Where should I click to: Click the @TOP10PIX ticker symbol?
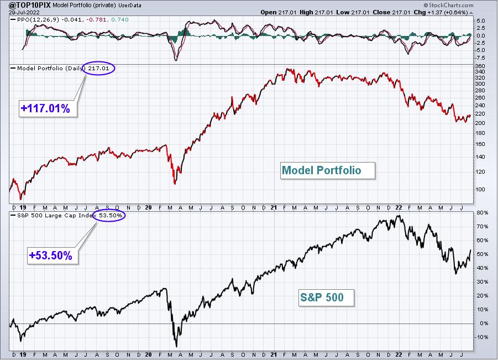point(30,5)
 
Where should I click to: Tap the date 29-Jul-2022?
point(24,12)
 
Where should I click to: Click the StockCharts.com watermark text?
point(448,5)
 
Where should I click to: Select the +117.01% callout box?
point(48,109)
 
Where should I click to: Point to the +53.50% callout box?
point(53,256)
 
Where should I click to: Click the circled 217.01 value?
point(98,68)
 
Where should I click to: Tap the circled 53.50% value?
point(109,216)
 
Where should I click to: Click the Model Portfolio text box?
point(327,171)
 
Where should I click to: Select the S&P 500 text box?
point(326,298)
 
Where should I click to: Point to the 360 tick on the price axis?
point(480,66)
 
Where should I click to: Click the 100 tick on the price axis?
point(480,189)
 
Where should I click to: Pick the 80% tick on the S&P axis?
point(482,212)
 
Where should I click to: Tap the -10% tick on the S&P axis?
point(481,337)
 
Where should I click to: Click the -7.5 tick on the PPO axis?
point(480,58)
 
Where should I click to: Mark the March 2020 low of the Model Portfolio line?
point(175,184)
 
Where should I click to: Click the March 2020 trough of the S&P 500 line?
point(176,346)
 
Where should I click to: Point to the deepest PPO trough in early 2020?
point(176,60)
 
